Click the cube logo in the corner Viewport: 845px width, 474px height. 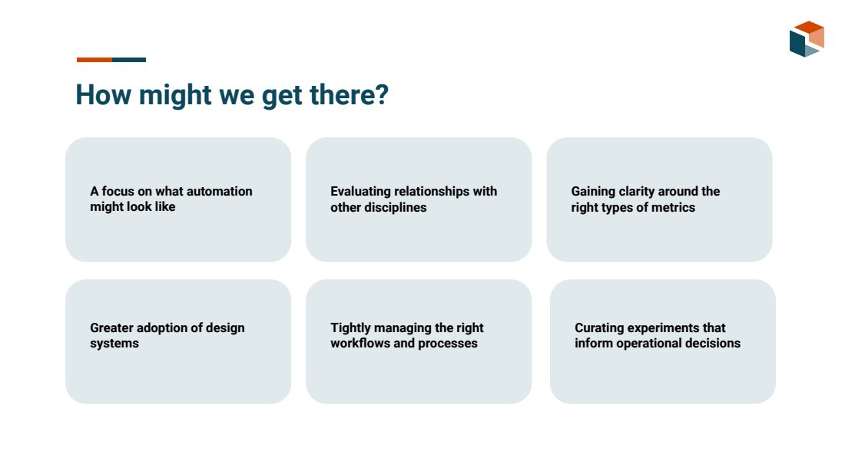[807, 39]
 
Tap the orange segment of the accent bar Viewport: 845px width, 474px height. [94, 60]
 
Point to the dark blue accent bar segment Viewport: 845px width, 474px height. [129, 60]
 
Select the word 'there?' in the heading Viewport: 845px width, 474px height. [349, 94]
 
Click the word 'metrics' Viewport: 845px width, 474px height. [673, 207]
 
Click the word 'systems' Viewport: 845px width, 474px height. [114, 344]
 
